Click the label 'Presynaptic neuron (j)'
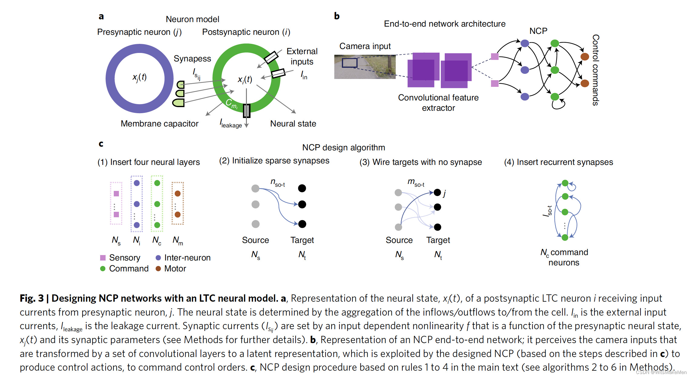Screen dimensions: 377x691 139,32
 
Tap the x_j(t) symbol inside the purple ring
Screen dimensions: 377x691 139,77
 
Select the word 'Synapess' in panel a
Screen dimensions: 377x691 192,58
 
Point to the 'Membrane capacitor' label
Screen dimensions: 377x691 159,123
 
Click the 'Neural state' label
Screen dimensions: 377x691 293,123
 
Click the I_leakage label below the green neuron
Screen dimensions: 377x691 231,123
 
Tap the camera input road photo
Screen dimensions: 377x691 365,67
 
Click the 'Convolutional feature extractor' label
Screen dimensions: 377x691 438,103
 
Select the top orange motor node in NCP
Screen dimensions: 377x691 585,57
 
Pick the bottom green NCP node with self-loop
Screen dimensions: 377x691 555,97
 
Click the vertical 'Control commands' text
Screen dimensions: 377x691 595,70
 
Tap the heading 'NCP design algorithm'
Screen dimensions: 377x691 343,147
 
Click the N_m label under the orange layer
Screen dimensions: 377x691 178,241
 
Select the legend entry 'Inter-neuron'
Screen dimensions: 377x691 187,257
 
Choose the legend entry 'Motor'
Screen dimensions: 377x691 175,268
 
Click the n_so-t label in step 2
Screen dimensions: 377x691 277,183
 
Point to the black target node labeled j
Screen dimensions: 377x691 437,192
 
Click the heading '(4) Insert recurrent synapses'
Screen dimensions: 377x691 558,162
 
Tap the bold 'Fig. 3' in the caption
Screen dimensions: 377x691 31,298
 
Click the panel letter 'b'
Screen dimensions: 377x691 337,16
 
